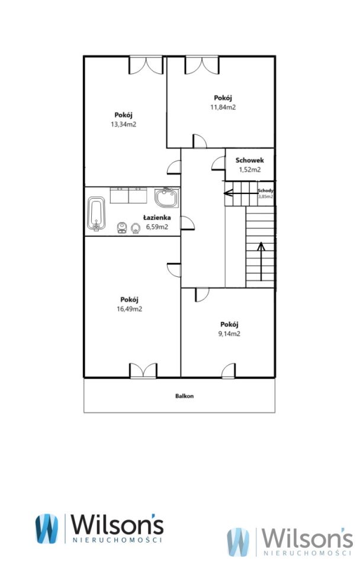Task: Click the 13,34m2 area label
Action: click(123, 124)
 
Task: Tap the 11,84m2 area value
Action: click(223, 107)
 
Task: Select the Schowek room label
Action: click(250, 160)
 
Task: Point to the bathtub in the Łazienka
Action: click(97, 214)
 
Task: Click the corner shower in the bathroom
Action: click(167, 198)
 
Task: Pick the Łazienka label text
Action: click(157, 218)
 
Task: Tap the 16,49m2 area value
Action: click(130, 309)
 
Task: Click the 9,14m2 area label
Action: click(229, 334)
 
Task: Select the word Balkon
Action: click(185, 396)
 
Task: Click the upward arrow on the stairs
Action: click(261, 261)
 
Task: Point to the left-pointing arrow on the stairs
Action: click(241, 193)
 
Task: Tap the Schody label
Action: click(266, 191)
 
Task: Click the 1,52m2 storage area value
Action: click(250, 170)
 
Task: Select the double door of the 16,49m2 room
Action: click(143, 370)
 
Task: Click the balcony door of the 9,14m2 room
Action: click(229, 370)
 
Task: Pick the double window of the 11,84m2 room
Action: click(202, 65)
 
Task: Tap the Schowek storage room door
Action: click(218, 163)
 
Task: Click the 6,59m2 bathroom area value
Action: click(157, 227)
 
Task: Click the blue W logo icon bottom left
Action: click(46, 528)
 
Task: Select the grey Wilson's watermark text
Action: click(307, 538)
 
